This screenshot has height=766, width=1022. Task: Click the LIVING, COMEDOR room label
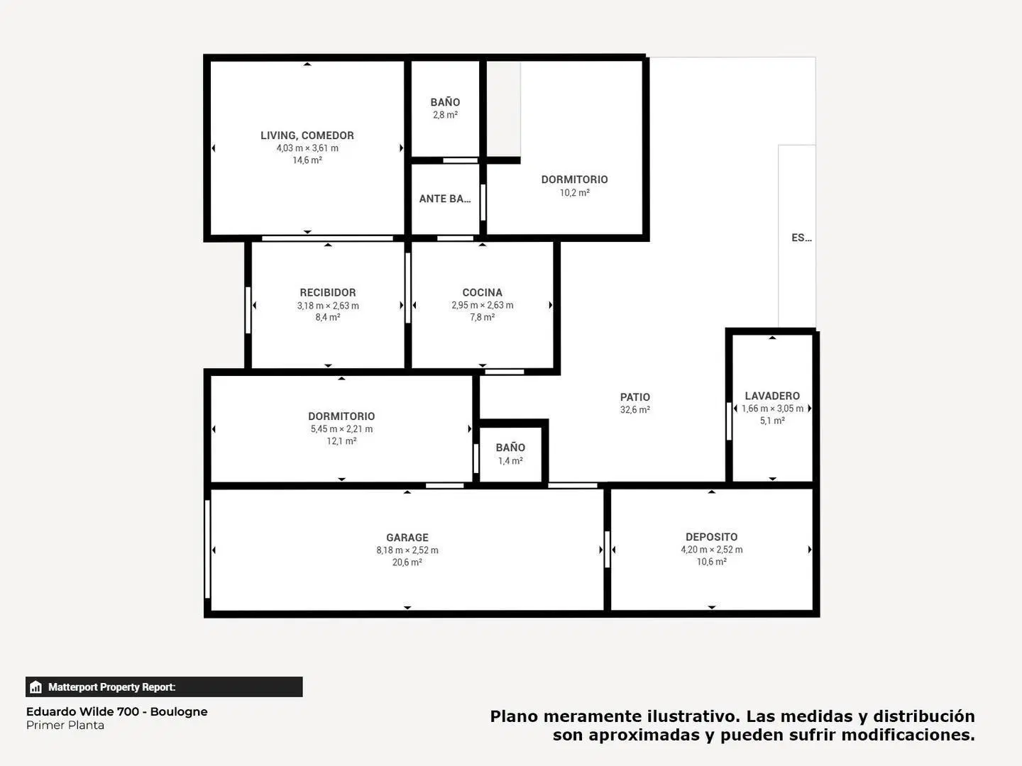point(307,135)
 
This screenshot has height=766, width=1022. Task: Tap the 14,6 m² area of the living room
point(307,160)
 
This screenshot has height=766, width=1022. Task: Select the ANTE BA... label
point(445,199)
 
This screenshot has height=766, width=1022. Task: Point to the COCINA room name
point(482,292)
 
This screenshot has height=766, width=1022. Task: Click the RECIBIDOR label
point(328,292)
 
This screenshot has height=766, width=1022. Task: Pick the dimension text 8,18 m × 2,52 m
point(407,550)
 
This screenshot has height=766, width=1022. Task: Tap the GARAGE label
point(407,538)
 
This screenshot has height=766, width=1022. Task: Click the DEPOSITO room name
point(711,537)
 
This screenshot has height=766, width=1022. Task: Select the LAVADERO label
point(772,396)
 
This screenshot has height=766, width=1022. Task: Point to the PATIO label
point(634,397)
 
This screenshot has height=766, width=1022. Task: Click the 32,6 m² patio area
point(634,410)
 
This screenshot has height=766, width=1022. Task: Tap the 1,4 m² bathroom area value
point(510,461)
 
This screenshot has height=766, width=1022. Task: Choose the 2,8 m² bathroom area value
point(445,115)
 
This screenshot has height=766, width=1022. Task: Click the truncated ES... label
point(801,238)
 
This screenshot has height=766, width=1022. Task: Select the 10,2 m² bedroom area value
point(575,192)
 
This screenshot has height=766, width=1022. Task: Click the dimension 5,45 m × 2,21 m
point(341,429)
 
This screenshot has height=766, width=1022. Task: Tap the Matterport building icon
point(36,687)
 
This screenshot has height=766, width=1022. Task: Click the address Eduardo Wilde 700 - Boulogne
point(117,711)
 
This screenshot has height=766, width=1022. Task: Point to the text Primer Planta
point(65,725)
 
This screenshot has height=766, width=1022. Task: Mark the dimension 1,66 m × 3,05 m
point(772,409)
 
